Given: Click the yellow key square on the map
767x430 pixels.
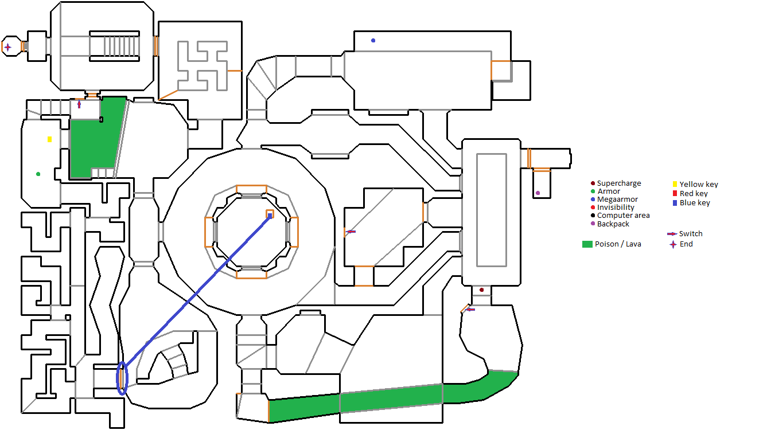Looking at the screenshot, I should [50, 139].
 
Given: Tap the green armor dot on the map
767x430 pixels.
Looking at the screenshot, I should [38, 174].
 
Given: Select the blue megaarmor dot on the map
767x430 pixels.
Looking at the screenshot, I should [373, 41].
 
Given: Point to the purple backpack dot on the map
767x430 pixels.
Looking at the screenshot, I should [538, 193].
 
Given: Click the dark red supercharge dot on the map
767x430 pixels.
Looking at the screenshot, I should [481, 290].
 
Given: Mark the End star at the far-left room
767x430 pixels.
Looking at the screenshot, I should [7, 47].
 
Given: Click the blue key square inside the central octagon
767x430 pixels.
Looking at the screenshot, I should [270, 216].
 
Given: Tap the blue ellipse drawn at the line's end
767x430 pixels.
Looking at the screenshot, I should [122, 378].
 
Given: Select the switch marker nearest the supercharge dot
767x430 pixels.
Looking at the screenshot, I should [470, 310].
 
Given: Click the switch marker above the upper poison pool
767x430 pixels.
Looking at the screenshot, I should [79, 104].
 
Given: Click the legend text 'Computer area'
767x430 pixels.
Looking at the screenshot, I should [623, 216].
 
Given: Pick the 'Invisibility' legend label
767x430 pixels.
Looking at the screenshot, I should [616, 208].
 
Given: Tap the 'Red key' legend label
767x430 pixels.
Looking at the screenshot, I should [694, 194].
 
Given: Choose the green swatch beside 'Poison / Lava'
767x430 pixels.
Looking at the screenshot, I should [587, 244].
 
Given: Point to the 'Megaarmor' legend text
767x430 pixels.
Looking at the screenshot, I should [617, 200].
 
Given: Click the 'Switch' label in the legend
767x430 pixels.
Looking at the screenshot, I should [691, 234].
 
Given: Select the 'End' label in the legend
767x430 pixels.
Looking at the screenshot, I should [686, 244].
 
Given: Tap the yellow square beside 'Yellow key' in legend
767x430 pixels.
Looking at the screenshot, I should [675, 184].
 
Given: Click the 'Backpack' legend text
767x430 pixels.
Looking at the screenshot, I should [613, 224].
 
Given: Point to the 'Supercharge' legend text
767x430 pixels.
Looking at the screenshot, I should [619, 183].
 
